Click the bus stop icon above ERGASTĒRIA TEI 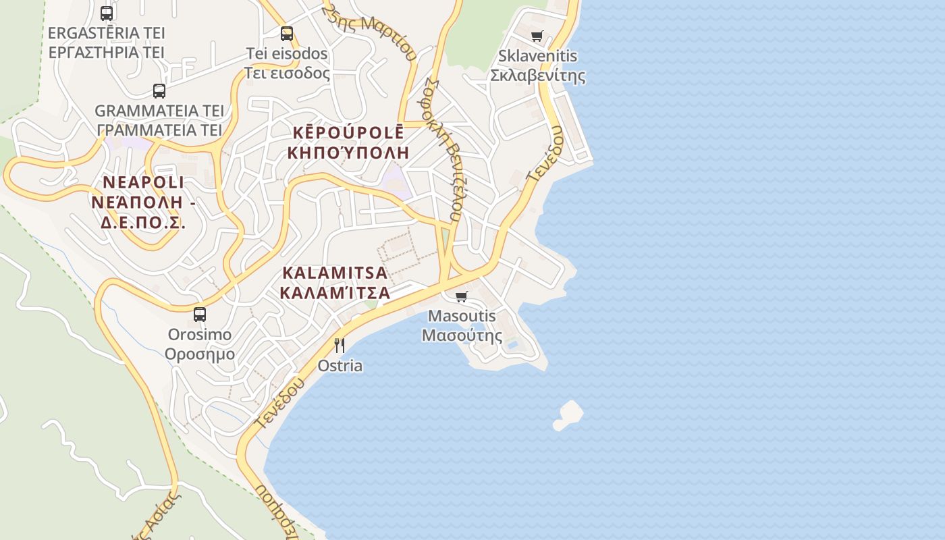[x=107, y=13]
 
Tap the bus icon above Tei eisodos [x=287, y=33]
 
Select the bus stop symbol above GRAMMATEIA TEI [x=159, y=90]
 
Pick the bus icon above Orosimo [x=200, y=314]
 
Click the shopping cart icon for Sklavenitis [x=537, y=36]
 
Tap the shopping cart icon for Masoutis [x=462, y=296]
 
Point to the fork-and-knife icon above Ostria [x=340, y=346]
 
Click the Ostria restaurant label [x=340, y=366]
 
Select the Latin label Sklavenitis [x=537, y=55]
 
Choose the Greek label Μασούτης [x=462, y=335]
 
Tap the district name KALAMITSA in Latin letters [x=335, y=273]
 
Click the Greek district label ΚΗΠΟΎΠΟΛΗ [x=348, y=153]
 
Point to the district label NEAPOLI [x=143, y=182]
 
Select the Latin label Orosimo [x=200, y=335]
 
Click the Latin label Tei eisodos [x=287, y=53]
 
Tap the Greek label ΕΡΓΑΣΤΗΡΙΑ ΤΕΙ [x=107, y=52]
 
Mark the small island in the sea [x=568, y=414]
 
